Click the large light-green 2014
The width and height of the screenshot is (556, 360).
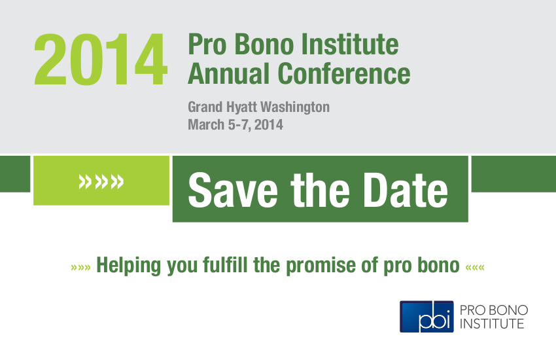click(x=101, y=59)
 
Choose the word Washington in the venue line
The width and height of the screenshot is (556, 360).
click(x=295, y=107)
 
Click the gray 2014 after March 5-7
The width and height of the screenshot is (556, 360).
click(x=269, y=124)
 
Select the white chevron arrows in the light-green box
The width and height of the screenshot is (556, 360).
click(x=101, y=181)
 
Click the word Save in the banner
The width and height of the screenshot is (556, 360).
click(x=233, y=190)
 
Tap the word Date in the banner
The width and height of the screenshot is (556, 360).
click(x=406, y=190)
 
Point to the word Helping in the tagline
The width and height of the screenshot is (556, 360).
click(x=129, y=266)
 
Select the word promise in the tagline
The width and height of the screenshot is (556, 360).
click(x=321, y=266)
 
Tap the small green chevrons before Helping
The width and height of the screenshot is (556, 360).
click(x=81, y=267)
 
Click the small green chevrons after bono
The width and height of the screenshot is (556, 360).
click(x=475, y=267)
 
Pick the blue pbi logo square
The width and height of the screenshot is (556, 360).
click(x=426, y=316)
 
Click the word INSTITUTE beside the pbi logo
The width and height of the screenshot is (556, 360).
click(x=492, y=324)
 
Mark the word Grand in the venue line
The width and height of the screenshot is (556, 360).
click(x=205, y=107)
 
